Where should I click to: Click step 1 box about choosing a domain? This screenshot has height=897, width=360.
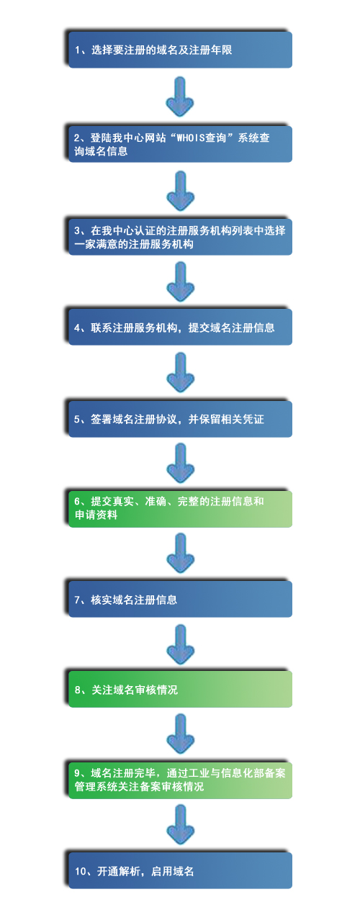[180, 50]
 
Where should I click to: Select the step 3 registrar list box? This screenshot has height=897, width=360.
[180, 237]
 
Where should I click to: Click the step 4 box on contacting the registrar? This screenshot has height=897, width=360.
[180, 328]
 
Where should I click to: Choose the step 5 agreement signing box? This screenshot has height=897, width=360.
[180, 418]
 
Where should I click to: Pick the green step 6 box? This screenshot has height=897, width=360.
[180, 508]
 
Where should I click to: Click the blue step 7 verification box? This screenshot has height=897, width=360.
[180, 599]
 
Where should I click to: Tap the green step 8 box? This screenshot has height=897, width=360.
[180, 690]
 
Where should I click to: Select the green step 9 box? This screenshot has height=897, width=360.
[180, 780]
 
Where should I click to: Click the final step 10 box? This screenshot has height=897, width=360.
[180, 871]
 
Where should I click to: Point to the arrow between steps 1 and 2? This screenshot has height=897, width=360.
[180, 96]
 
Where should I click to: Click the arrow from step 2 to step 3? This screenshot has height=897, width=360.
[180, 189]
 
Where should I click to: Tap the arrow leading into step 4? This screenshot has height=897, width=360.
[180, 281]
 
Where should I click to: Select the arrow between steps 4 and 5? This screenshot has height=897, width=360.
[180, 372]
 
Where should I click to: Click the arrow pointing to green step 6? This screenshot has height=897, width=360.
[180, 463]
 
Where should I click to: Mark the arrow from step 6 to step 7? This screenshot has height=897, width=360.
[180, 553]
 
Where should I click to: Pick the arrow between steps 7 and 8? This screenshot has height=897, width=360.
[180, 644]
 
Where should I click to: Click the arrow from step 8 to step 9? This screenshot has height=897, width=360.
[180, 735]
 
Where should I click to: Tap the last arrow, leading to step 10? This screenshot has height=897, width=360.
[180, 826]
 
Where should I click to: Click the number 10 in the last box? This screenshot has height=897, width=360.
[80, 872]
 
